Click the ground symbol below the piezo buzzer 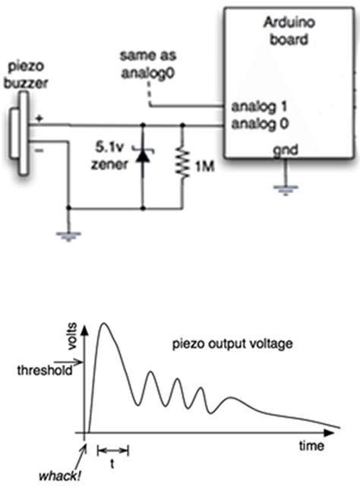[69, 234]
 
